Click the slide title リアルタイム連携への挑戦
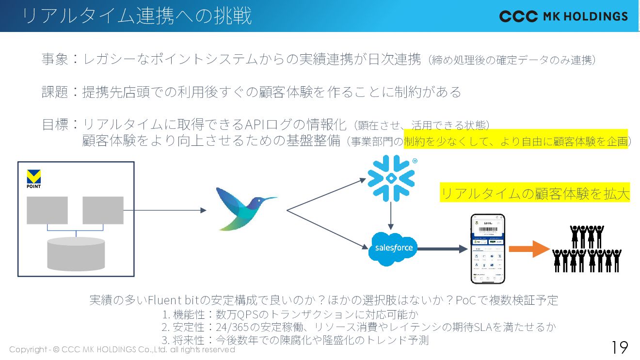pos(137,16)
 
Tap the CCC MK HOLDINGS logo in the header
pos(563,16)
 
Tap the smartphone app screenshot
pos(487,249)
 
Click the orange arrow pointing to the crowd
pos(528,249)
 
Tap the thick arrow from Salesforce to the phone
pos(441,249)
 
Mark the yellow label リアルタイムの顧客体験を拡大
pos(535,194)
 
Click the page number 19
pos(619,347)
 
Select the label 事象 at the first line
pos(55,60)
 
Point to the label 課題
pos(55,92)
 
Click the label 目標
pos(55,125)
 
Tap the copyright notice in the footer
pos(122,349)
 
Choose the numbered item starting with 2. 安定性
pos(359,327)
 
